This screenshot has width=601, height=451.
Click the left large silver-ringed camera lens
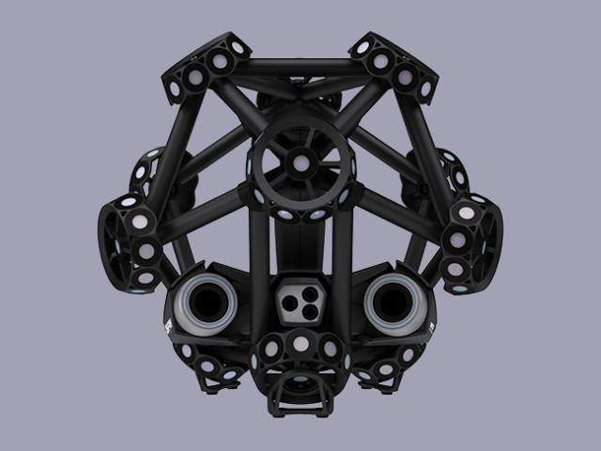coord(208,303)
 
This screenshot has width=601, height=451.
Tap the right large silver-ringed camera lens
coord(393,303)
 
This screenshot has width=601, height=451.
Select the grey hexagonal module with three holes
coord(300,300)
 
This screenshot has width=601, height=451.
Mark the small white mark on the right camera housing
coord(432,327)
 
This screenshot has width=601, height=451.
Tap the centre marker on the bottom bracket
coord(300,345)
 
